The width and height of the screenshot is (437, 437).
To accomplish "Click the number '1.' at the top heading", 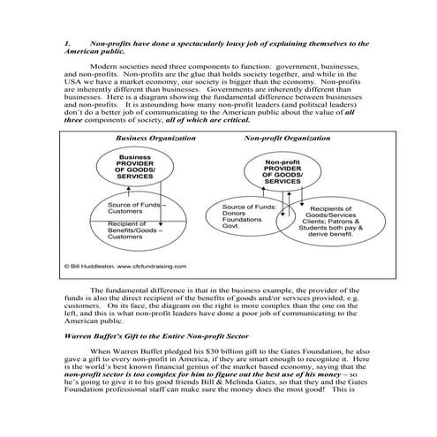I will coord(68,43).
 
